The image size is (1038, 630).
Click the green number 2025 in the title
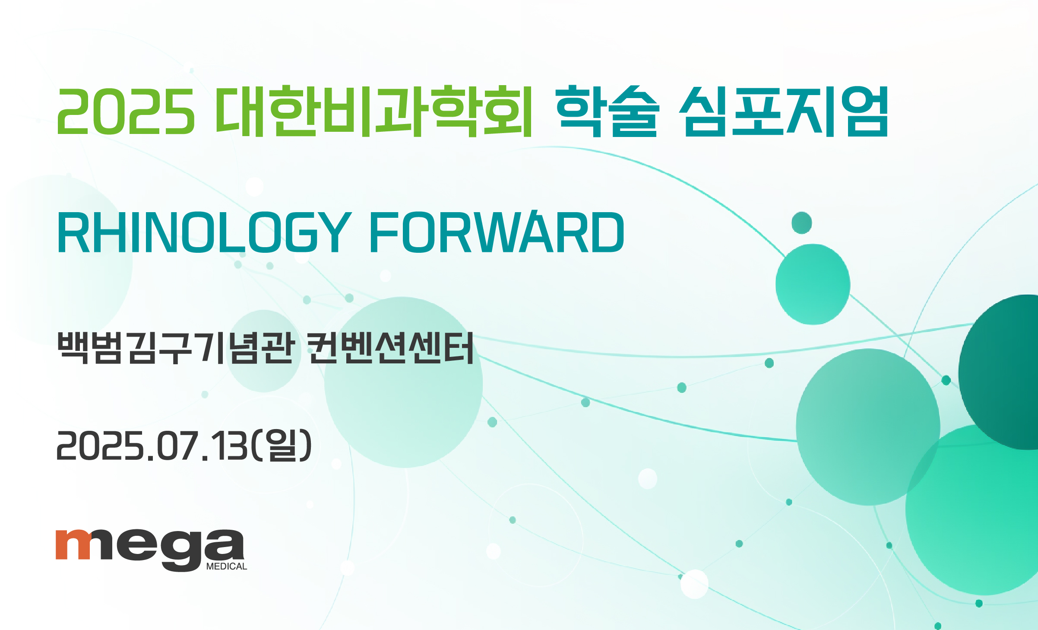tap(125, 111)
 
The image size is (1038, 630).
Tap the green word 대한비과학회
tap(374, 111)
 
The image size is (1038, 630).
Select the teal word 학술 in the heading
tap(607, 111)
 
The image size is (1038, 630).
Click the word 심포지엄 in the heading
tap(783, 111)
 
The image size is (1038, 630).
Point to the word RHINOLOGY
tap(204, 232)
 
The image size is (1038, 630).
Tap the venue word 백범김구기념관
tap(176, 347)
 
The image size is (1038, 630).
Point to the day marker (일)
tap(281, 445)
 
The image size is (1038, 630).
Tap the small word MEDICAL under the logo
tap(227, 566)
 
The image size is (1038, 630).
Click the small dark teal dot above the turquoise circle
tap(802, 223)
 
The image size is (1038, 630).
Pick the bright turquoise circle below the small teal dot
tap(813, 284)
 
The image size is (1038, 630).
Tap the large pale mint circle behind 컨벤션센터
tap(403, 382)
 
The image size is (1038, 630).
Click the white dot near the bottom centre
tap(694, 584)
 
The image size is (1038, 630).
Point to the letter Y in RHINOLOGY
tap(332, 232)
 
